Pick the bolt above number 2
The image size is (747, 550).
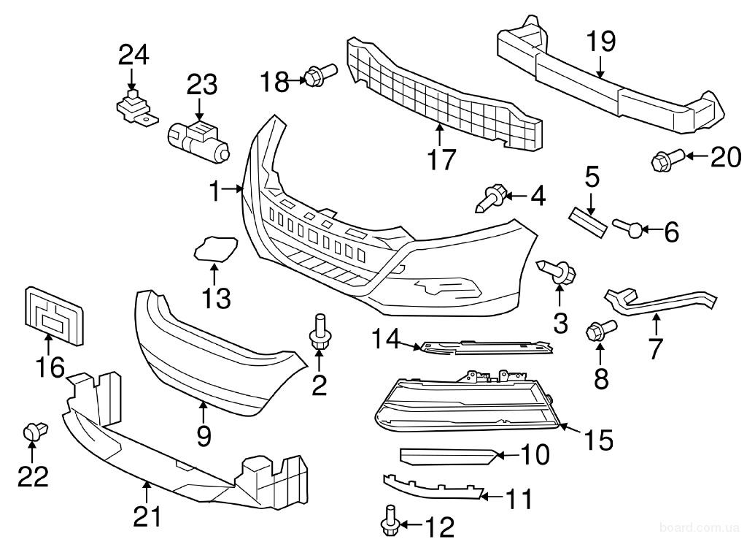point(320,332)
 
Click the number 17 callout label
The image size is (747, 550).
point(441,158)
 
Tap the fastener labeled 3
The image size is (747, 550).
point(560,272)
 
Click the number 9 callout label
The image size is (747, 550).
point(204,436)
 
